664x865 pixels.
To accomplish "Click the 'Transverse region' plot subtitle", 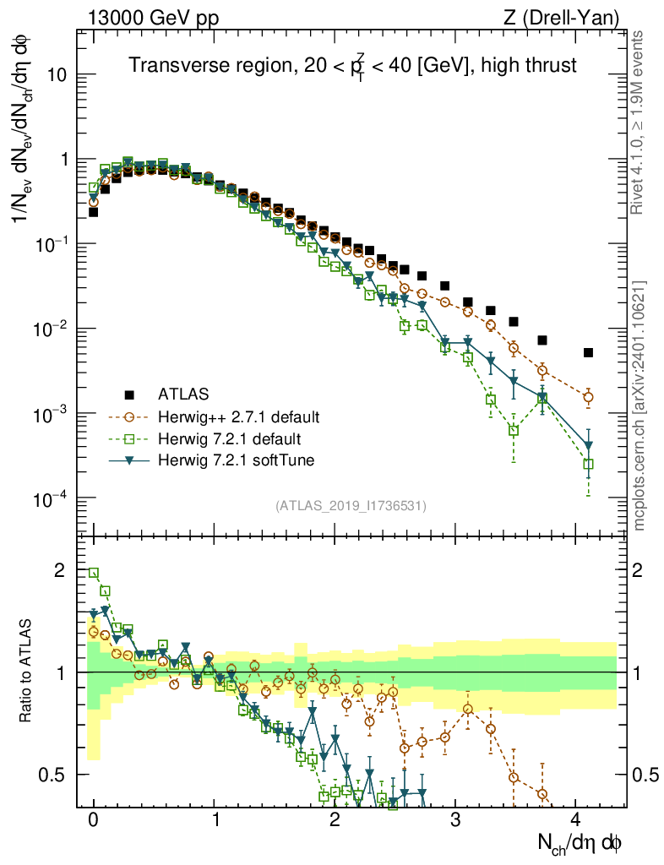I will point(352,65).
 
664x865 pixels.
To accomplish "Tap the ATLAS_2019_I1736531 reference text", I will point(351,506).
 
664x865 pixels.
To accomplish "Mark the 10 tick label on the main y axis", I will point(55,74).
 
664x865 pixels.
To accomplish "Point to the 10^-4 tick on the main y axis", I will point(49,498).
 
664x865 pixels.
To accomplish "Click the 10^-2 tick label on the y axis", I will point(49,329).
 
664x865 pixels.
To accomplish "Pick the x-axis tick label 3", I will point(455,819).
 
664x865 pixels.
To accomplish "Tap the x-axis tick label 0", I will point(93,819).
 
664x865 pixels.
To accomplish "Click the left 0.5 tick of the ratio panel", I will point(54,775).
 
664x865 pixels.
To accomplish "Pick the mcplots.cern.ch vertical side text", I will point(640,405).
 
